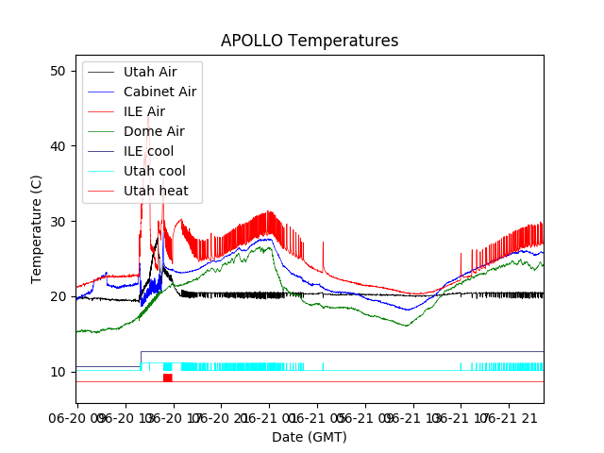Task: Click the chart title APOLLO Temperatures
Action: coord(310,42)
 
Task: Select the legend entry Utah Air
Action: coord(149,72)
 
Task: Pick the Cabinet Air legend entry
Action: coord(159,92)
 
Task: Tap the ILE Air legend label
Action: coord(143,111)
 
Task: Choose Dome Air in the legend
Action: coord(154,131)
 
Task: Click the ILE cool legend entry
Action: coord(148,151)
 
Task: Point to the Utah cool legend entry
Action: coord(154,171)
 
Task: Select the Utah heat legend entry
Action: coord(156,191)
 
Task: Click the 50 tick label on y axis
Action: coord(58,71)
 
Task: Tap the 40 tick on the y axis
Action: coord(58,146)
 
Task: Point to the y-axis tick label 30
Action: coord(58,222)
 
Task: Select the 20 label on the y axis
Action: coord(58,296)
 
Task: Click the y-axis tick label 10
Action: coord(58,372)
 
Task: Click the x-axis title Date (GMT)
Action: coord(310,437)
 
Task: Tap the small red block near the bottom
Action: coord(167,377)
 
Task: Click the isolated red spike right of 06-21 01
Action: coord(323,255)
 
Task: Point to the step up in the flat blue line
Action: coord(141,359)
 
